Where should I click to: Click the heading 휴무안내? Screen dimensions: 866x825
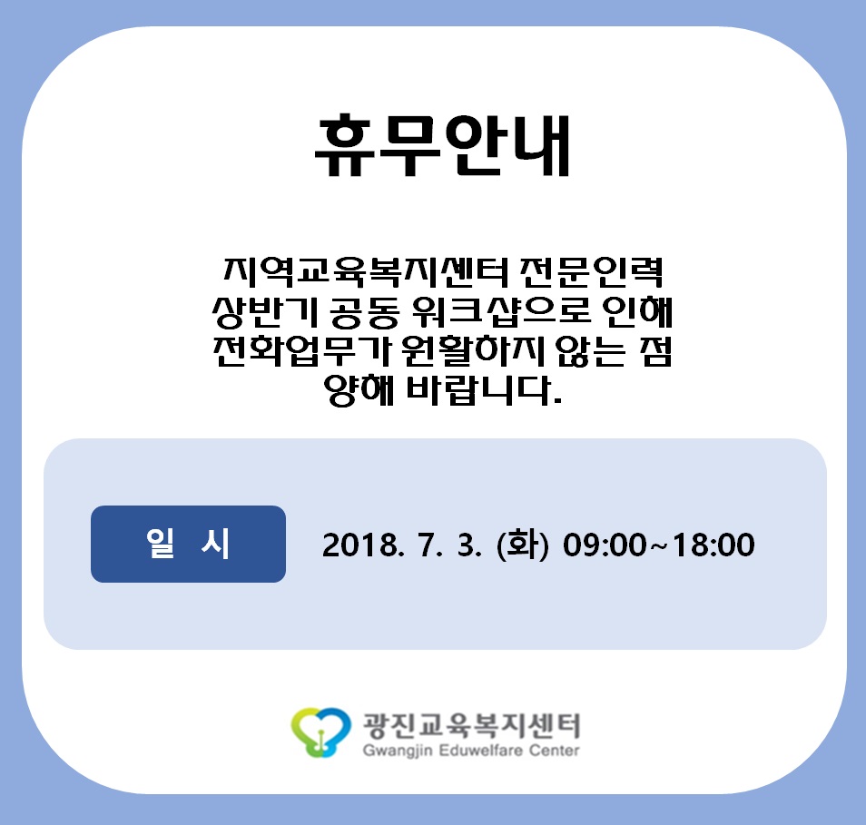point(442,146)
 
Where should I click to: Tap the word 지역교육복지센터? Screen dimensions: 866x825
point(366,271)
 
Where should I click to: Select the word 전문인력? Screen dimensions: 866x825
point(592,271)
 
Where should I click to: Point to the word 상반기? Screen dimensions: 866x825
point(266,312)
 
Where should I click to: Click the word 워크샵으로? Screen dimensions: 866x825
point(502,312)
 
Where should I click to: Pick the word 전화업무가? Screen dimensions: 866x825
point(302,351)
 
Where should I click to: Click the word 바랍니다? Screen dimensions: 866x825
point(485,390)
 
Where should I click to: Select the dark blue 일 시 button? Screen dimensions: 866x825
point(188,544)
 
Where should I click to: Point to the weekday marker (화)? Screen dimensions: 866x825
point(523,545)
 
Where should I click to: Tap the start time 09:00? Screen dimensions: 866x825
point(605,545)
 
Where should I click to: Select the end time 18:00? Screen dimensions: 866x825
point(713,545)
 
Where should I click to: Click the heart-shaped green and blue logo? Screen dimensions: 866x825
point(320,732)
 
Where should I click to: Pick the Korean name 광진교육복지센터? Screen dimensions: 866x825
point(471,725)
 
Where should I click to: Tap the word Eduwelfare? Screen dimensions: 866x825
point(482,751)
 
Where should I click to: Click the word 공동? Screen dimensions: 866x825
point(365,312)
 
